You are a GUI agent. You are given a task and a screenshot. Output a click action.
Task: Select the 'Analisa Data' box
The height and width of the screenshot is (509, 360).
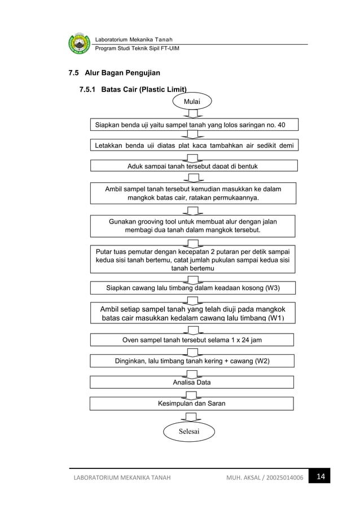click(192, 382)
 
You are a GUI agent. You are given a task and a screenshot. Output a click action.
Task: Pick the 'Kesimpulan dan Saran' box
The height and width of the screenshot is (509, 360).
click(192, 403)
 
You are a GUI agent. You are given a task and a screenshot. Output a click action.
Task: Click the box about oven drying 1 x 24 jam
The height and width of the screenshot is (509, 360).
click(192, 340)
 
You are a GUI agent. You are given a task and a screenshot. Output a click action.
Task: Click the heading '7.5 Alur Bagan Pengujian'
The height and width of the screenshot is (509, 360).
click(114, 73)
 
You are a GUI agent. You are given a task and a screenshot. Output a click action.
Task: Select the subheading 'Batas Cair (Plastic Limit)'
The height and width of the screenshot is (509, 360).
click(143, 89)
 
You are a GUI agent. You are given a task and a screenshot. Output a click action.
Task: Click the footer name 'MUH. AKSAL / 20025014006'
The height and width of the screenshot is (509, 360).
click(263, 479)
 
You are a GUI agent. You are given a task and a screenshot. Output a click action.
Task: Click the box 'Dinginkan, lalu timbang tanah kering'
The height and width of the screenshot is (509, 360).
click(192, 361)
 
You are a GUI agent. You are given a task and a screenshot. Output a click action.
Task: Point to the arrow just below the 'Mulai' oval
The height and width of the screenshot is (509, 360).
click(192, 113)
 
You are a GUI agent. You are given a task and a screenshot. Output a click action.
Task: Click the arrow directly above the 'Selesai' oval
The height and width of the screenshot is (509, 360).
click(192, 417)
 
